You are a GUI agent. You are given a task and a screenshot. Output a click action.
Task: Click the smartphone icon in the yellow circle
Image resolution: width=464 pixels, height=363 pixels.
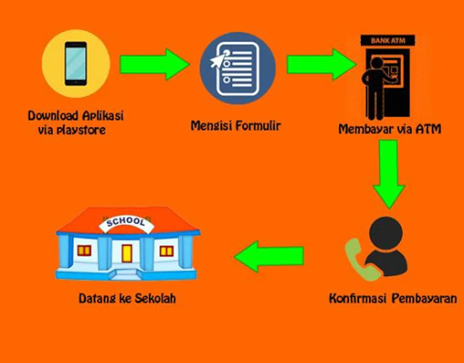pyautogui.click(x=76, y=63)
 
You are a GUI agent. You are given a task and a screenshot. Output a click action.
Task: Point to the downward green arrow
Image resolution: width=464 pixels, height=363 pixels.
pyautogui.click(x=388, y=173)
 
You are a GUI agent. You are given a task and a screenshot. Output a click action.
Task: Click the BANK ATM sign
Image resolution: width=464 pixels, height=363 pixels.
pyautogui.click(x=388, y=40)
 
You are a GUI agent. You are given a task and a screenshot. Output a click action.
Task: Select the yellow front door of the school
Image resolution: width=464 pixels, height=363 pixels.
pyautogui.click(x=127, y=253)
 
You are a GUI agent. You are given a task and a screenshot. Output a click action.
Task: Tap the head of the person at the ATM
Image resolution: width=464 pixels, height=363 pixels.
pyautogui.click(x=376, y=63)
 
